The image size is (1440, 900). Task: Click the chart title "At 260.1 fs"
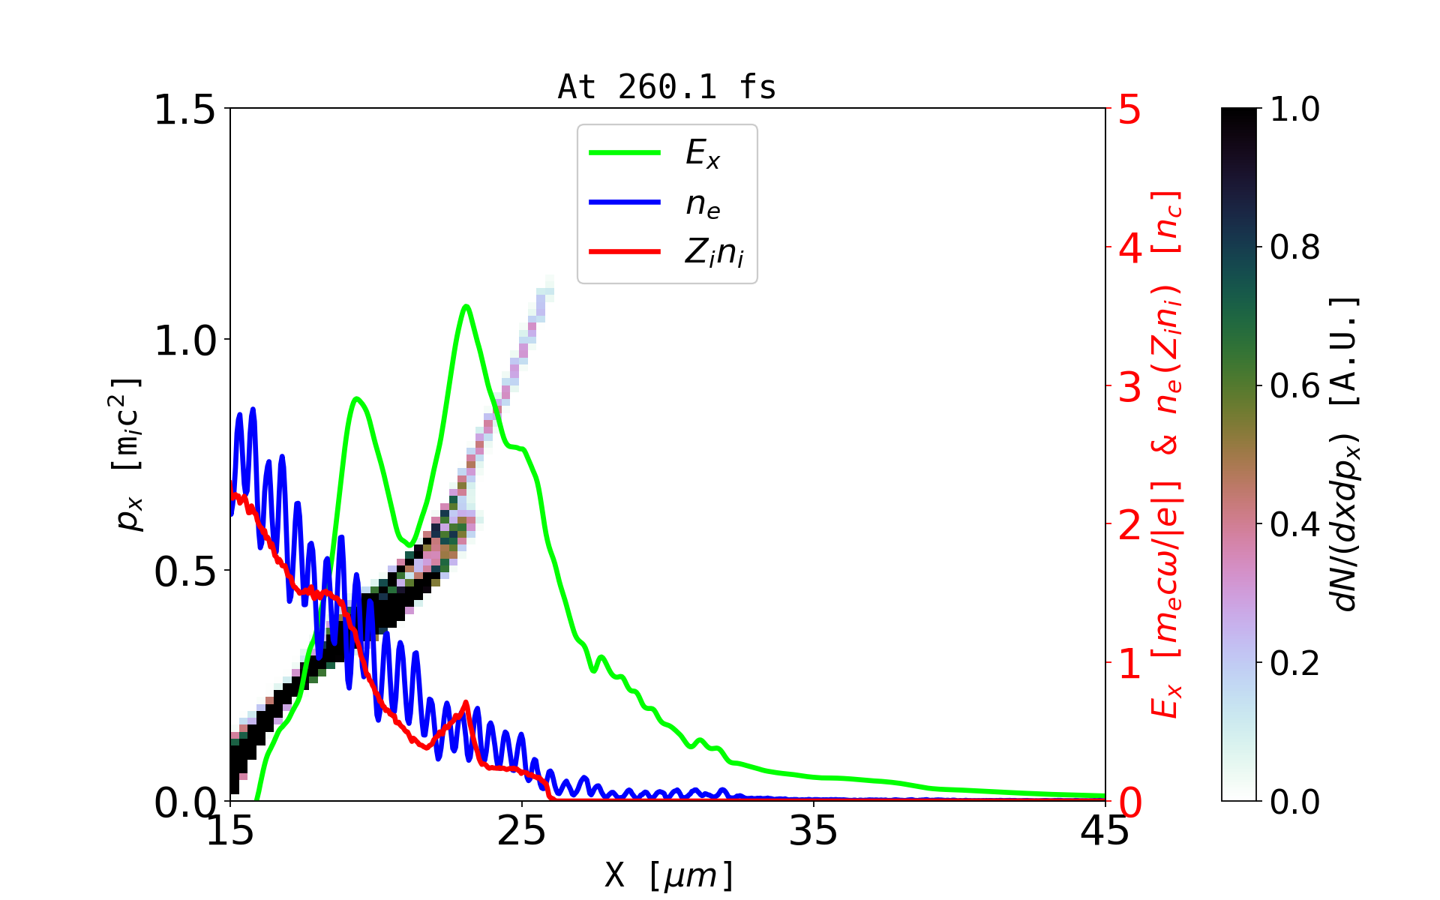click(x=667, y=87)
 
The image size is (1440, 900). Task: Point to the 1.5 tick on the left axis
click(x=184, y=109)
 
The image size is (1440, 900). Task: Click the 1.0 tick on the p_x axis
click(x=184, y=340)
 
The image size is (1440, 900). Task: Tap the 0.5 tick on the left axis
click(x=184, y=571)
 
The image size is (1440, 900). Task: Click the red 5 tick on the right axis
click(x=1129, y=109)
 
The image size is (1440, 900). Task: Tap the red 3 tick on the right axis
click(x=1129, y=387)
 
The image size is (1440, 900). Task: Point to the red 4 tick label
click(x=1129, y=248)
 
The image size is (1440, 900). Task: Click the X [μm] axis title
click(x=669, y=874)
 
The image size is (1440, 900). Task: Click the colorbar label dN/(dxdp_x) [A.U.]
click(x=1345, y=454)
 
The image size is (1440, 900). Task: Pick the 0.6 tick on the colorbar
click(x=1294, y=386)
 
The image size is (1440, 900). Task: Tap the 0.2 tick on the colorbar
click(x=1294, y=663)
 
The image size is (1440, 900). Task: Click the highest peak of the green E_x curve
click(x=466, y=306)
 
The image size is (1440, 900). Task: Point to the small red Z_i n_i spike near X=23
click(x=466, y=703)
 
